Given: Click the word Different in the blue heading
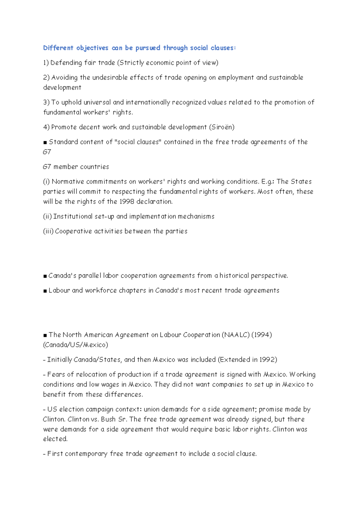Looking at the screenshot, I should (x=58, y=48).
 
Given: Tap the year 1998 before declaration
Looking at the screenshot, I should (x=127, y=202).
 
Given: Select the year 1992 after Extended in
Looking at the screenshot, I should (x=267, y=360).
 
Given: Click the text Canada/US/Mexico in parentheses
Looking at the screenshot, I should (x=75, y=345).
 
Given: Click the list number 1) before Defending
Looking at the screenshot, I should (x=46, y=63).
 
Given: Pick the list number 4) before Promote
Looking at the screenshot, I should (x=46, y=127).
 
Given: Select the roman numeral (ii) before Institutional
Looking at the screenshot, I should (x=47, y=216).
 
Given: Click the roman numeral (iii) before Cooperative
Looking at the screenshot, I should (x=48, y=231).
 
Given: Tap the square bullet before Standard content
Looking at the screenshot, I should (x=45, y=142).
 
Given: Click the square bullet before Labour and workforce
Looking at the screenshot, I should (x=45, y=291).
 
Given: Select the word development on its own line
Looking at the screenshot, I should (x=62, y=88).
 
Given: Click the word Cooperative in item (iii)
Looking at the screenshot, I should (x=73, y=231).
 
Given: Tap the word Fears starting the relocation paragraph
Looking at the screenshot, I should (x=56, y=375).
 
